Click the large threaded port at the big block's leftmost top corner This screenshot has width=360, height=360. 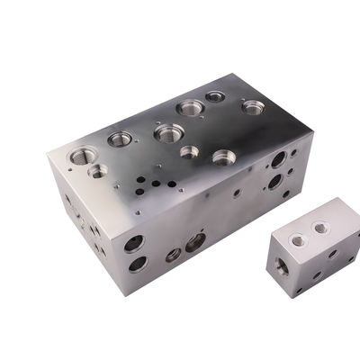(x=80, y=155)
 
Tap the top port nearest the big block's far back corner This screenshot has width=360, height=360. (x=214, y=96)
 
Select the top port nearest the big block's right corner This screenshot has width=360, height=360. (x=253, y=107)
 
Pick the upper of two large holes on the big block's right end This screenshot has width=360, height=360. (x=279, y=159)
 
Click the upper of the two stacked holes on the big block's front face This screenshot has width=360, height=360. (x=134, y=243)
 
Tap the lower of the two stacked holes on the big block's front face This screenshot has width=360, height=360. (x=137, y=264)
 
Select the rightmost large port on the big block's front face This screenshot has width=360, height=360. (x=195, y=241)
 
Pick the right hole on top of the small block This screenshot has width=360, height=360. (x=319, y=229)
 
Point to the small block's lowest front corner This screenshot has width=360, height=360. (x=298, y=296)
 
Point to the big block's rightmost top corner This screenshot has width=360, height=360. (x=311, y=130)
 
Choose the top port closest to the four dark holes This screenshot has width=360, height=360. (x=168, y=133)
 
